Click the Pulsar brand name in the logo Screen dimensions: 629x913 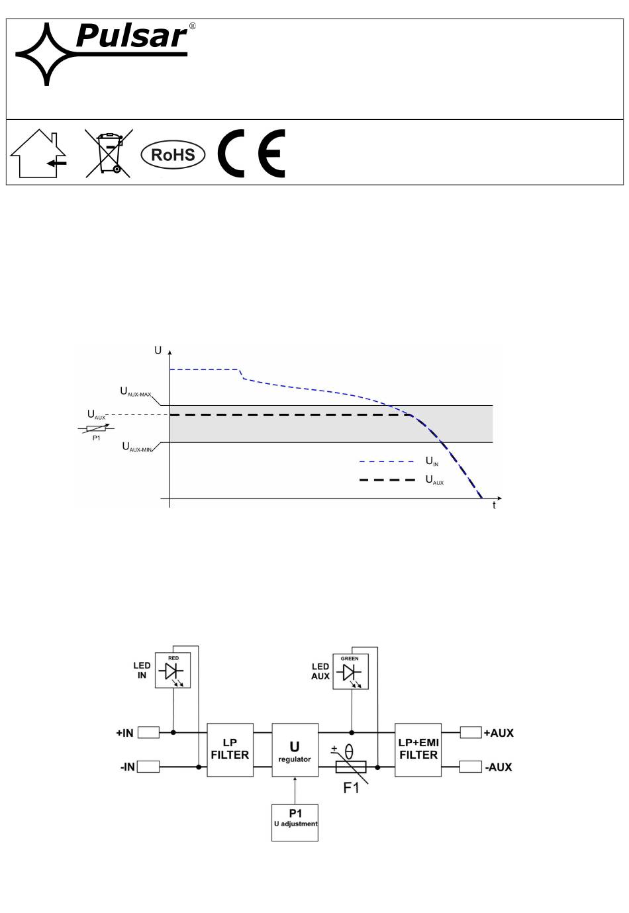click(x=132, y=36)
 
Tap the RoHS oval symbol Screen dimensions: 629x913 click(x=173, y=154)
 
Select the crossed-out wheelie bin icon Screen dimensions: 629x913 click(x=109, y=153)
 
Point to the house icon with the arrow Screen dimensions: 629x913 click(x=38, y=153)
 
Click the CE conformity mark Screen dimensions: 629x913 click(x=251, y=153)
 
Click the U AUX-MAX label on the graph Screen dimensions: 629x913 click(x=135, y=391)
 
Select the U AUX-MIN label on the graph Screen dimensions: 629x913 click(x=137, y=447)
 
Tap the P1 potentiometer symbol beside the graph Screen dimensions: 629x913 click(x=96, y=429)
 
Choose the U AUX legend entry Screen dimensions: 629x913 click(x=401, y=480)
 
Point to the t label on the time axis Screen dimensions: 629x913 click(x=494, y=505)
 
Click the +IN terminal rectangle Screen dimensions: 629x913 click(x=148, y=732)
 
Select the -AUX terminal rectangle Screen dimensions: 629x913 click(x=470, y=767)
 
